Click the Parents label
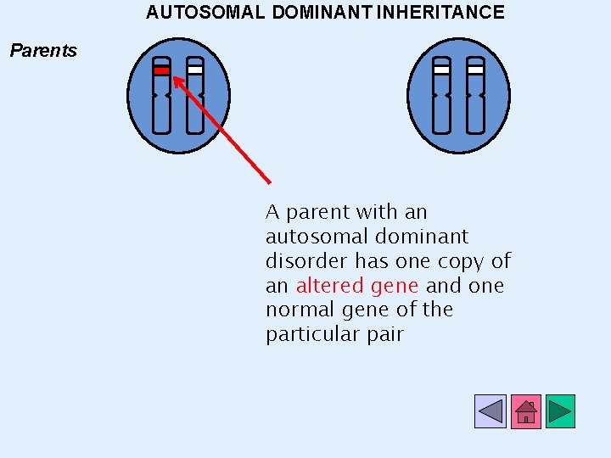[43, 51]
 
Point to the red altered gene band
[161, 71]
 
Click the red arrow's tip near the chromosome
[175, 79]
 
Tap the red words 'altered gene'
[357, 286]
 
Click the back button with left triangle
[490, 411]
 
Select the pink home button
[525, 411]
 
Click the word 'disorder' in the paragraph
[306, 261]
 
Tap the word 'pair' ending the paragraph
[386, 334]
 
